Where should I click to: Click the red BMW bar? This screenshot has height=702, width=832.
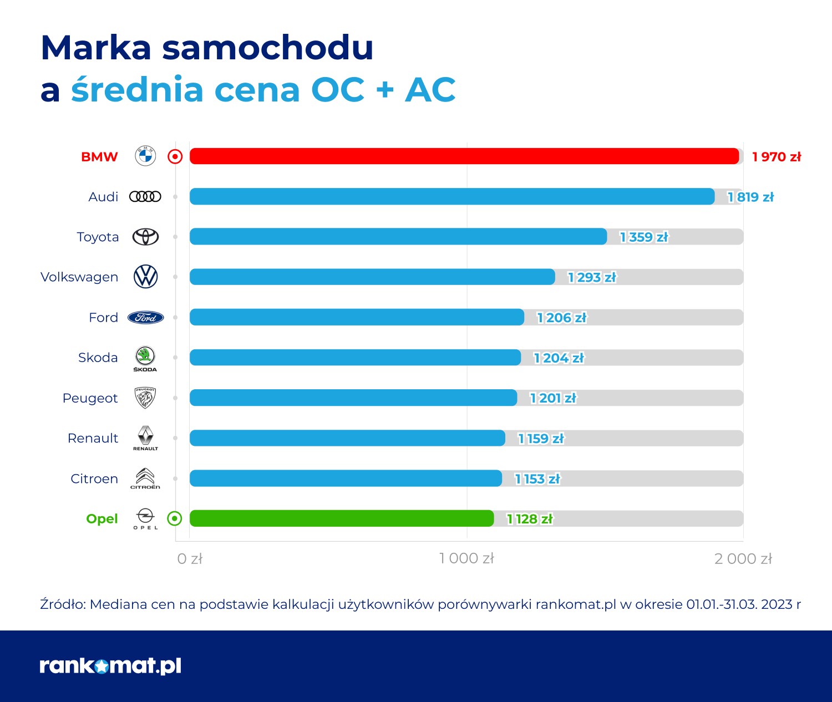point(464,156)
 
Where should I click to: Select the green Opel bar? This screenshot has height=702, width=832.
point(342,518)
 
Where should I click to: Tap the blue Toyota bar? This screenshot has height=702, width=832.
point(398,237)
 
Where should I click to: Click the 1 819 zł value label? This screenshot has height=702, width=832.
point(750,197)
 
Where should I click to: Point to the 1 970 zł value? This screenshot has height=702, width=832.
point(777,157)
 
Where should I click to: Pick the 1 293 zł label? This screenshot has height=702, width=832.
point(592,277)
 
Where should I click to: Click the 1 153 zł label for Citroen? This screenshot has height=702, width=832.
point(537,479)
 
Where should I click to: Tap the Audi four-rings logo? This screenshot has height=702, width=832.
point(145,196)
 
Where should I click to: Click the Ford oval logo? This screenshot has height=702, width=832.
point(146,318)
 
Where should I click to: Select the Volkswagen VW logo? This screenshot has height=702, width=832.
point(146,277)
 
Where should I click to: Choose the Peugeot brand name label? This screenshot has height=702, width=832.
point(90,398)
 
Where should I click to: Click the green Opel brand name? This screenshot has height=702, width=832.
point(102,519)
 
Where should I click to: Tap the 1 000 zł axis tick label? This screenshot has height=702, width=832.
point(466,558)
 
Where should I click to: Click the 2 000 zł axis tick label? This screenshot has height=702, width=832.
point(743,558)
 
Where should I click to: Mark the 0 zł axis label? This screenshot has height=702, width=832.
point(190,558)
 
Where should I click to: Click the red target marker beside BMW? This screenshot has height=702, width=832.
point(175,157)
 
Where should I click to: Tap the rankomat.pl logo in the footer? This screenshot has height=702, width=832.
point(110,665)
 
